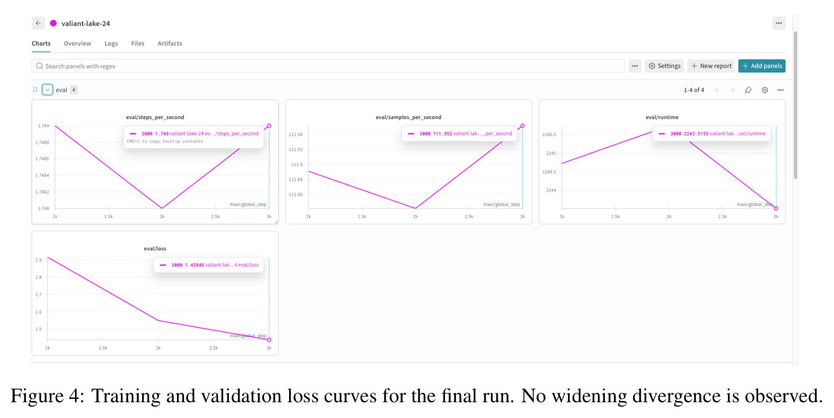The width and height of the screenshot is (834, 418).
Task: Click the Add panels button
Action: (762, 66)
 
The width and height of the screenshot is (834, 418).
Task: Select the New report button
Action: (711, 66)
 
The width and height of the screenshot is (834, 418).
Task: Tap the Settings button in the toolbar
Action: (664, 66)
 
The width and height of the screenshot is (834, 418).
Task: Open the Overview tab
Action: (77, 43)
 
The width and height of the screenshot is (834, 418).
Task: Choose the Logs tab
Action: (111, 44)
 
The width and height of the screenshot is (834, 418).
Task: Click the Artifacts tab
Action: (170, 43)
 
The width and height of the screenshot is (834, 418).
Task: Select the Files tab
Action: (137, 43)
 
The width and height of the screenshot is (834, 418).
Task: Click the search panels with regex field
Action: (328, 66)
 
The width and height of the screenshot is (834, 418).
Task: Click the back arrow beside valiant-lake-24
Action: (38, 23)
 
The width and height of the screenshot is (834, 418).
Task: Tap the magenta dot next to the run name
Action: (53, 23)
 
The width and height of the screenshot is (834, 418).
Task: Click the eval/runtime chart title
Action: (662, 117)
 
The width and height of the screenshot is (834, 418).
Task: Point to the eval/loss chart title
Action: (155, 248)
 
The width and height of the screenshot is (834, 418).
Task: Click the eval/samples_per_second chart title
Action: (408, 117)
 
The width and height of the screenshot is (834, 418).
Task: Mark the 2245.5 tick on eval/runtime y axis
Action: (549, 135)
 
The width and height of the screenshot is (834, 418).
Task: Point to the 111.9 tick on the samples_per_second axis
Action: (297, 164)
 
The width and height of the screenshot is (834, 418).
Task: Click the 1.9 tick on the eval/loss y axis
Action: (38, 260)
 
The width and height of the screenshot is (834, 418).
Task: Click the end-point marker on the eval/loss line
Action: (269, 340)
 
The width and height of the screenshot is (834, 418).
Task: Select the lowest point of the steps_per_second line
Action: (161, 208)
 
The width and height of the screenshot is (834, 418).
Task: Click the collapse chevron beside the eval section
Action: (47, 90)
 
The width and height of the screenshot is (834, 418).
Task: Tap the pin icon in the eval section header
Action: (748, 90)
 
